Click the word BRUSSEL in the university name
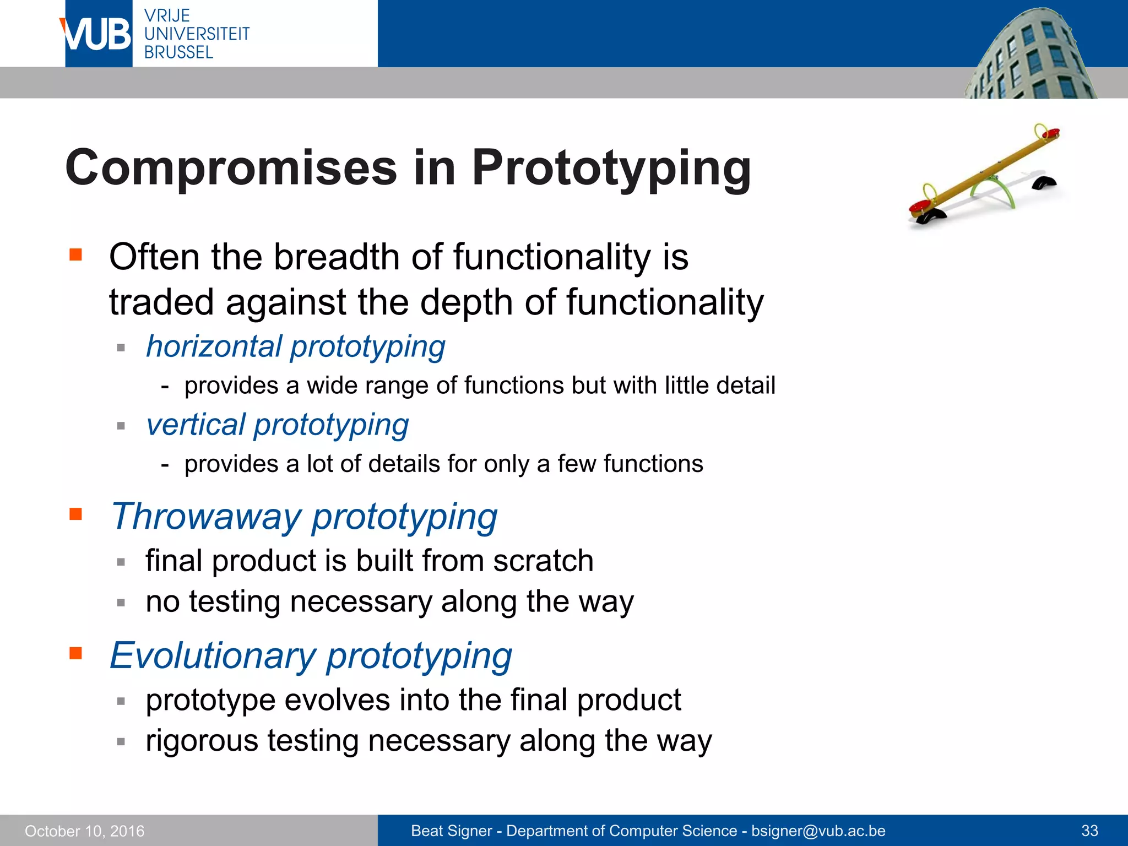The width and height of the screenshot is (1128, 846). coord(178,52)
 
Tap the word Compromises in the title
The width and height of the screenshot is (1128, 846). coord(231,167)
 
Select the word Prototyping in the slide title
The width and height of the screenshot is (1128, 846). coord(611,169)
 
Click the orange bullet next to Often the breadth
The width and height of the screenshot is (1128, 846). coord(75,254)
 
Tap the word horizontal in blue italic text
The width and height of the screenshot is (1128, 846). coord(214,347)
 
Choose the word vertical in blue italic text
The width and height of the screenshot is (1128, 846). coord(195,425)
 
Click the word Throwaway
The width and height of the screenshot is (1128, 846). coord(206,517)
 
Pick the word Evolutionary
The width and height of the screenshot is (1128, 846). coord(213,656)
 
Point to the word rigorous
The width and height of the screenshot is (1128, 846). coord(202,740)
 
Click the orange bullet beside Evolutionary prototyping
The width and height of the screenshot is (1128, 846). coord(75,654)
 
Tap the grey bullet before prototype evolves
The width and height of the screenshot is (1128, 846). coord(121,701)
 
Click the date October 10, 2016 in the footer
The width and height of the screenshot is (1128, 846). coord(84,831)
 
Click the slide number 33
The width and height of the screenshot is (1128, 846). coord(1089,831)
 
